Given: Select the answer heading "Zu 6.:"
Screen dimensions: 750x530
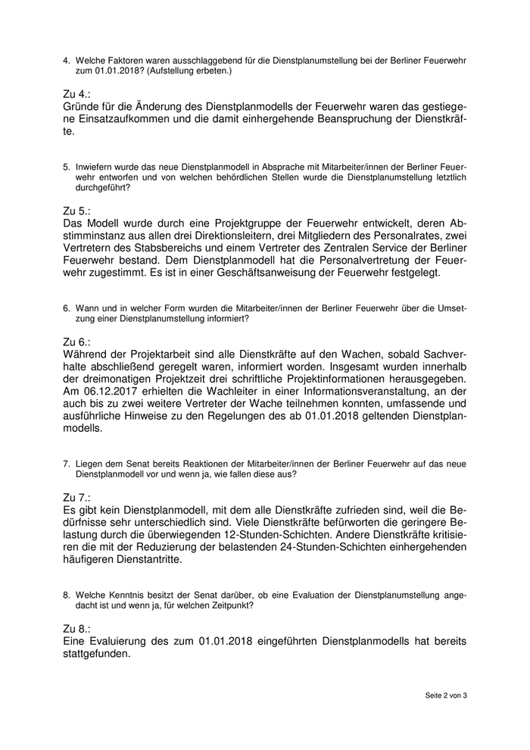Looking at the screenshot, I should pyautogui.click(x=77, y=342).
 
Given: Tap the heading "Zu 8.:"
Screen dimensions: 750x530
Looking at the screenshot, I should pyautogui.click(x=77, y=629).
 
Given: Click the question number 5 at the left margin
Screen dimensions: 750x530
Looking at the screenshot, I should pyautogui.click(x=67, y=166).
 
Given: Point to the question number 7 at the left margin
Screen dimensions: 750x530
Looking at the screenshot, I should pyautogui.click(x=67, y=464).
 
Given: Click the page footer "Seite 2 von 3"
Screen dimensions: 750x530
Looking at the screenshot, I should pyautogui.click(x=446, y=695).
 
